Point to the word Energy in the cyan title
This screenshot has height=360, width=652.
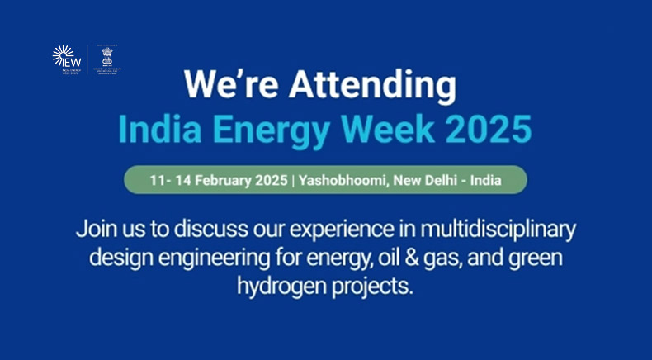(x=282, y=129)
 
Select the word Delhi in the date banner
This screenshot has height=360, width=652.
(x=440, y=179)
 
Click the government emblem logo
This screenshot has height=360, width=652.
(x=107, y=58)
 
